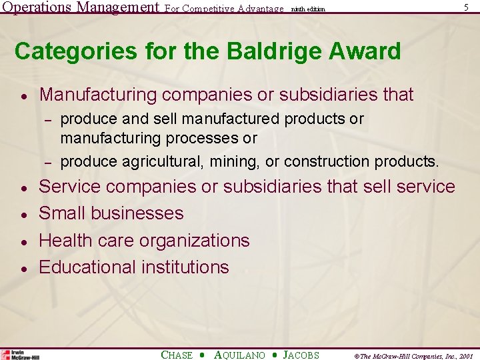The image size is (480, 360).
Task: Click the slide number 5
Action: (466, 7)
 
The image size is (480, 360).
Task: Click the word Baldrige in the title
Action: (251, 51)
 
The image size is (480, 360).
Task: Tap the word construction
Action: (332, 161)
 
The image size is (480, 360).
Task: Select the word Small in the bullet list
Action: (63, 213)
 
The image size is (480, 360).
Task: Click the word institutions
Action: (185, 267)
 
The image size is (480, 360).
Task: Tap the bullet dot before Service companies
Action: (23, 188)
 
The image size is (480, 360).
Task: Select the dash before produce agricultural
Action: (48, 162)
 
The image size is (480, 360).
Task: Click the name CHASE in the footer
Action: (177, 355)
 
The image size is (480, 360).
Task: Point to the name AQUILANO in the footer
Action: (239, 355)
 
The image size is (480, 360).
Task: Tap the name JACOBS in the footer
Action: (301, 355)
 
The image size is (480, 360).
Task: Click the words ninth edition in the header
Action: (309, 9)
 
